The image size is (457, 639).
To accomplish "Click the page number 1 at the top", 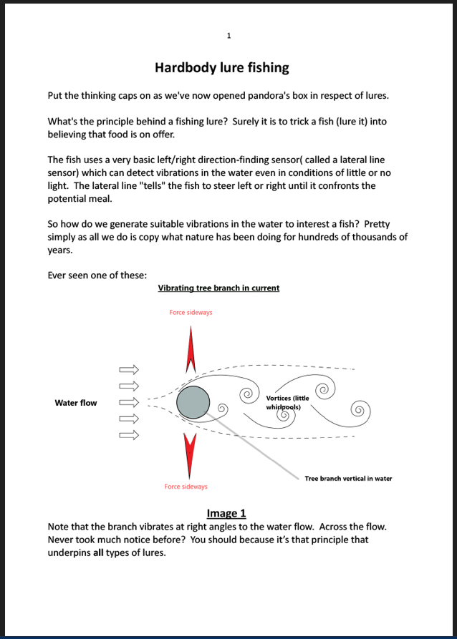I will (x=228, y=35).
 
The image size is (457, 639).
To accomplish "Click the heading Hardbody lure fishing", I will (x=222, y=68).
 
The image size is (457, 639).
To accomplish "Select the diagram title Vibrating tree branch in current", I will (x=218, y=288).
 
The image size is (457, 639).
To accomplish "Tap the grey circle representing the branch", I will (x=193, y=402).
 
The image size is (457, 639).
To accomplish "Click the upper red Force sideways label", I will (x=191, y=313).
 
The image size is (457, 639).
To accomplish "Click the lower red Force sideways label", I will (x=186, y=487).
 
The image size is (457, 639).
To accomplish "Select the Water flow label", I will (x=76, y=403).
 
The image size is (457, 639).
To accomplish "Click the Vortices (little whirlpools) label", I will (x=287, y=402).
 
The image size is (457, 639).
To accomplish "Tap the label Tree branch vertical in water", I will (x=348, y=478).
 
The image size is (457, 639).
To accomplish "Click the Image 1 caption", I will (x=226, y=513).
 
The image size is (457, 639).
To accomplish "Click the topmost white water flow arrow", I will (x=128, y=370).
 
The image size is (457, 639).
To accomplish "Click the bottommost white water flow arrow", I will (x=128, y=434).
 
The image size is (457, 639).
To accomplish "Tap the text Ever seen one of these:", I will (x=97, y=275).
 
